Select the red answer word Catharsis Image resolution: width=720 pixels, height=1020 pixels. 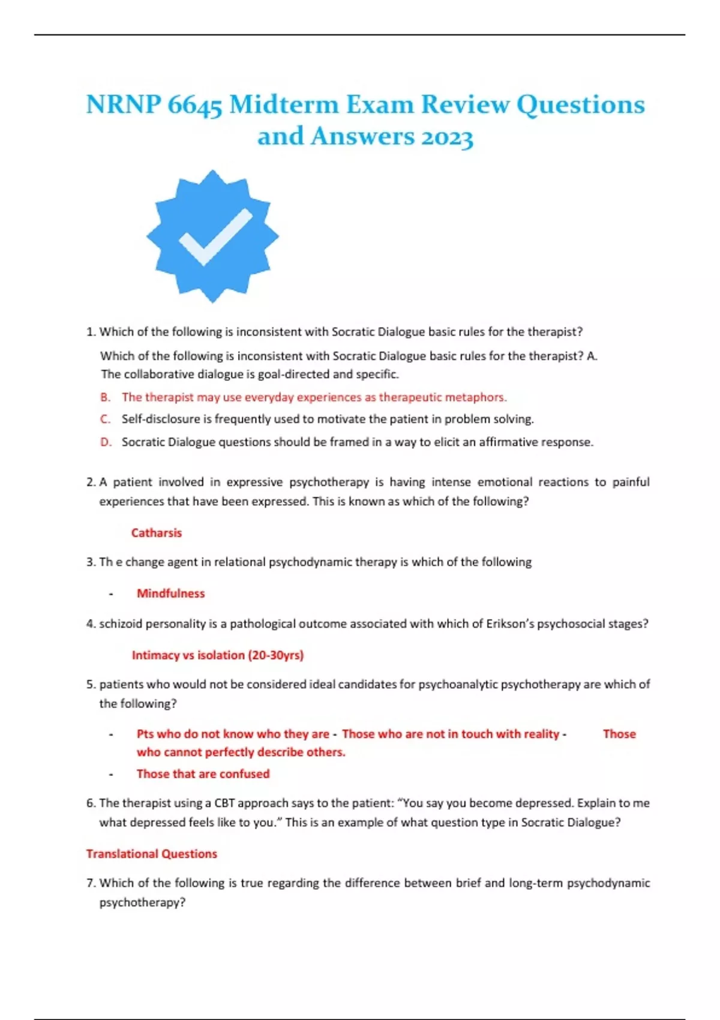156,533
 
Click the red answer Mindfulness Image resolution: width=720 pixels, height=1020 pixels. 170,593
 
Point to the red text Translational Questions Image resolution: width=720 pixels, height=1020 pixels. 151,854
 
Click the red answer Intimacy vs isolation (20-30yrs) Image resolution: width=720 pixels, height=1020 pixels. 218,655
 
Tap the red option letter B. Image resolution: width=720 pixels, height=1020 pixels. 106,397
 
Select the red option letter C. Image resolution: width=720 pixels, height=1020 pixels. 106,419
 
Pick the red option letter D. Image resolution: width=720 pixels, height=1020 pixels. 106,442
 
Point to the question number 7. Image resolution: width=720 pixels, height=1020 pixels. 91,883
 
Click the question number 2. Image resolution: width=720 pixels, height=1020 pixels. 91,482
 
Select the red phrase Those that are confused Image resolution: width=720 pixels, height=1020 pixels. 203,774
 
